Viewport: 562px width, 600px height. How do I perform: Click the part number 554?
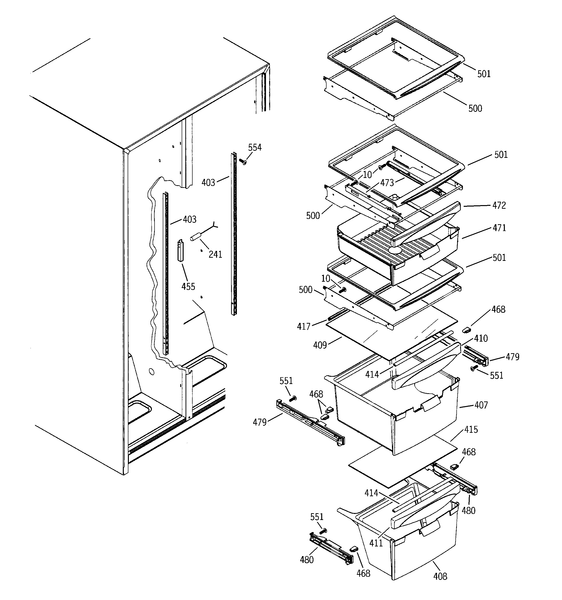coord(255,147)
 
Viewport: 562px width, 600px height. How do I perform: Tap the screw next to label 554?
coord(242,162)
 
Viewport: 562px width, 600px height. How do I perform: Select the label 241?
coord(215,255)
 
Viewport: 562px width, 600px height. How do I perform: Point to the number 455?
coord(188,286)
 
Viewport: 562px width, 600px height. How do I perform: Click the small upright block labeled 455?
coord(181,250)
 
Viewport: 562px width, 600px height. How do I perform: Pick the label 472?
coord(499,205)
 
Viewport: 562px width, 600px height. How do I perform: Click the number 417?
coord(304,326)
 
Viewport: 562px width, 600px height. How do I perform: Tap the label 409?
coord(320,345)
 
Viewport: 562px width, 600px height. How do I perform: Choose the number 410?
coord(481,338)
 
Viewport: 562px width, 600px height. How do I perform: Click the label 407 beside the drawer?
coord(481,405)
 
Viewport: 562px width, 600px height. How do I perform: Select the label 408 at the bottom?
coord(440,576)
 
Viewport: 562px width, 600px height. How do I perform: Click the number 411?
coord(376,543)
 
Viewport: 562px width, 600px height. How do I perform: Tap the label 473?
coord(387,183)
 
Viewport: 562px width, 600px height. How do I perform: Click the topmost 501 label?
coord(484,74)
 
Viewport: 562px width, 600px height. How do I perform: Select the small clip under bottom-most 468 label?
coord(353,548)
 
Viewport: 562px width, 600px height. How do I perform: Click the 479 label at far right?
coord(513,357)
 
